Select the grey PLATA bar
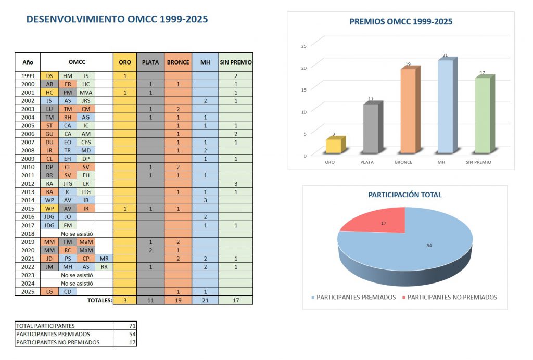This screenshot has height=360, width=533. tap(371, 129)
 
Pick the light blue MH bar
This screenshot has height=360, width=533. tap(445, 107)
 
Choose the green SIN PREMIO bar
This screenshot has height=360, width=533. tap(482, 115)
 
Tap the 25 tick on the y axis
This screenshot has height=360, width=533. tap(304, 46)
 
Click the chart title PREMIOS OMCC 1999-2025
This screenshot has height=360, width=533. tap(400, 22)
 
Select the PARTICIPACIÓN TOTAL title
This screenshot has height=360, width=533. tap(405, 195)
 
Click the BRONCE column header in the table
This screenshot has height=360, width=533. tap(178, 62)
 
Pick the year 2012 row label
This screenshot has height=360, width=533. tap(28, 184)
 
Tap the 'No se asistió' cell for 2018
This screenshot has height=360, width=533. tap(77, 234)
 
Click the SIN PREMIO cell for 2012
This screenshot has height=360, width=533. tap(236, 184)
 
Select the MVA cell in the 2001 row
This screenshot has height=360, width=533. tap(86, 93)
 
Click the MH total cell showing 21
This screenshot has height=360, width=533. tap(205, 300)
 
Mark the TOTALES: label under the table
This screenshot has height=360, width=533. tap(99, 300)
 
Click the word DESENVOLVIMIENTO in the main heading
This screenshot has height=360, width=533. tap(76, 19)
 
